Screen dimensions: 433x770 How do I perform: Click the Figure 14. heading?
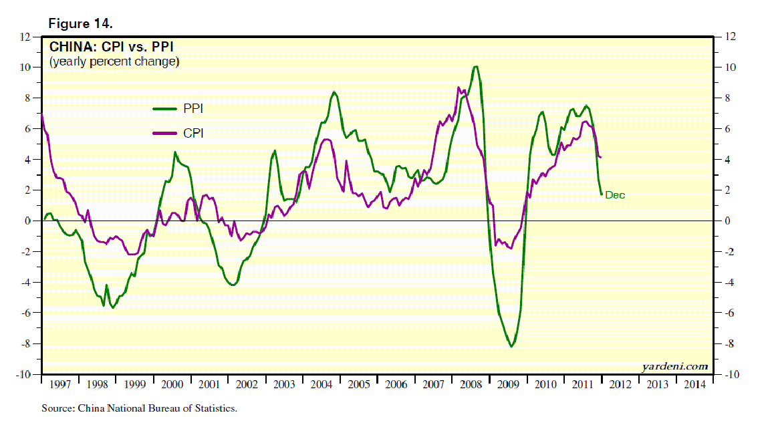(x=80, y=23)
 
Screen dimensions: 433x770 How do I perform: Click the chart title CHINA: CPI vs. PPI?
(x=113, y=47)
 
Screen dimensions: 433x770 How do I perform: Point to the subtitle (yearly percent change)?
(x=114, y=62)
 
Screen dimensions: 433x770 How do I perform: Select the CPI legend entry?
(x=193, y=134)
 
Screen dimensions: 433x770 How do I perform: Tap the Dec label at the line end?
(x=615, y=195)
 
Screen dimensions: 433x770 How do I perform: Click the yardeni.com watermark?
(x=674, y=366)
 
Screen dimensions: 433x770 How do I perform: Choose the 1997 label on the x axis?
(x=60, y=385)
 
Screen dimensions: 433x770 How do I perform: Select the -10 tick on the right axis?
(x=730, y=375)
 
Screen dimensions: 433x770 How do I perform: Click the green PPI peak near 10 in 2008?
(x=475, y=67)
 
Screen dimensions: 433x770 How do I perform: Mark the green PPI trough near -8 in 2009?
(x=511, y=346)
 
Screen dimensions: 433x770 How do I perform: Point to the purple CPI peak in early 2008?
(x=459, y=88)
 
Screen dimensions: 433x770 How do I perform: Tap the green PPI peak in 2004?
(x=334, y=92)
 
